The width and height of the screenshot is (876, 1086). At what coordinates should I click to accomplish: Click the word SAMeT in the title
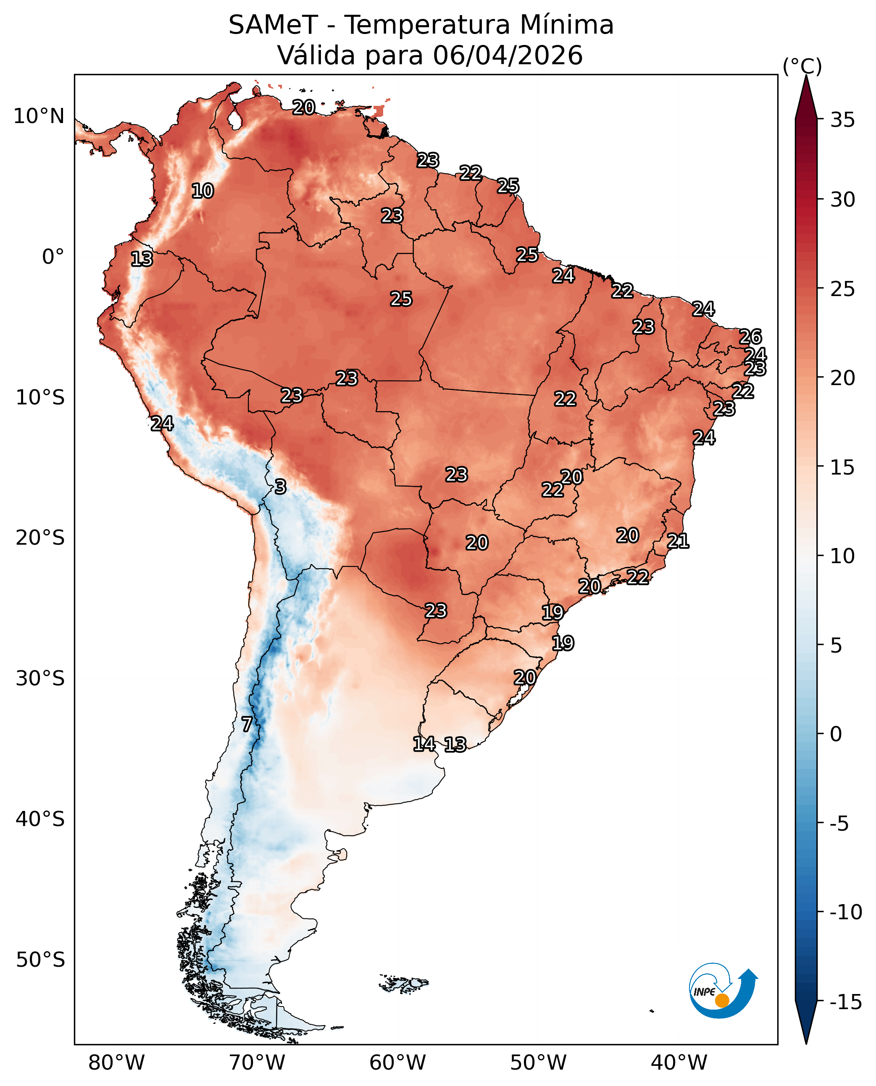(273, 25)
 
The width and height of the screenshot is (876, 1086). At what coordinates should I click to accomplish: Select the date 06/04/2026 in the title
(508, 55)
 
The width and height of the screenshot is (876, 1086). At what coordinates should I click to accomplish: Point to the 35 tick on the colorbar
(843, 120)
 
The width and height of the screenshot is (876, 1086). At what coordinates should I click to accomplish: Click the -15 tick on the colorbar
(846, 1002)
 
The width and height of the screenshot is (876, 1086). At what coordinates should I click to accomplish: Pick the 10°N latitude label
(39, 116)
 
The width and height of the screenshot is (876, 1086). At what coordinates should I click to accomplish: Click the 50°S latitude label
(40, 960)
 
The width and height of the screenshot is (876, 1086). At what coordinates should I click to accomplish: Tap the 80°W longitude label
(116, 1063)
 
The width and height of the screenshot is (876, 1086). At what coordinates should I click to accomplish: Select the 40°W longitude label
(679, 1063)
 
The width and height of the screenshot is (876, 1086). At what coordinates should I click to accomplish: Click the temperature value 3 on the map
(281, 487)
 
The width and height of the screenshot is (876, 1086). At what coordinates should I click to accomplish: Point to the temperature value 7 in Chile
(247, 724)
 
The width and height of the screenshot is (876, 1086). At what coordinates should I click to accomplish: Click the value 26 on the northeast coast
(750, 336)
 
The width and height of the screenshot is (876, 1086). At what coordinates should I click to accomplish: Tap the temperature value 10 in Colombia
(203, 191)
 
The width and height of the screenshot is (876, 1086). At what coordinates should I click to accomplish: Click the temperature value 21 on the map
(678, 541)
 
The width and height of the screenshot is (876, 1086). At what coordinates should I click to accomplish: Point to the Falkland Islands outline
(404, 983)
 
